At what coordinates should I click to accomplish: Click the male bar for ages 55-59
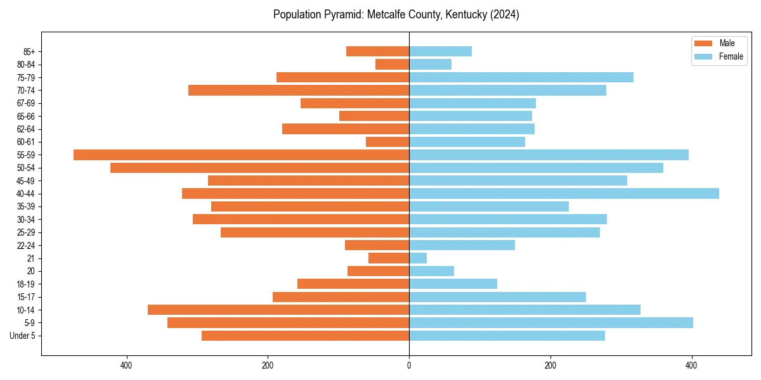click(241, 155)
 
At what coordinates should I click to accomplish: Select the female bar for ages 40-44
click(564, 193)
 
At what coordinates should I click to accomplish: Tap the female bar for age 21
click(418, 258)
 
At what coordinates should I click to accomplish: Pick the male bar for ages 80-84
click(392, 64)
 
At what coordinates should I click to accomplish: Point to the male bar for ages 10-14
click(278, 310)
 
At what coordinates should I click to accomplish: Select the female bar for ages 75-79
click(521, 77)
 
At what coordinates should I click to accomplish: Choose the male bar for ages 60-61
click(387, 142)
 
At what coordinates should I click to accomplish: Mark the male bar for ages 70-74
click(299, 90)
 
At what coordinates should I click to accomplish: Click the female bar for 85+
click(440, 51)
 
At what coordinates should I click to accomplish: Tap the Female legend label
click(731, 56)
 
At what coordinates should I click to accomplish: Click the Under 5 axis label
click(22, 336)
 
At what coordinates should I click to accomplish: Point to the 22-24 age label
click(26, 245)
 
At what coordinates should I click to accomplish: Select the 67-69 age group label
click(26, 103)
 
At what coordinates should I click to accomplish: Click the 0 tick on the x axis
click(409, 365)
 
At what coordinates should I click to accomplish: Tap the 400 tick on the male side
click(126, 365)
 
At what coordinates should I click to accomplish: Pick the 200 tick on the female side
click(550, 365)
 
